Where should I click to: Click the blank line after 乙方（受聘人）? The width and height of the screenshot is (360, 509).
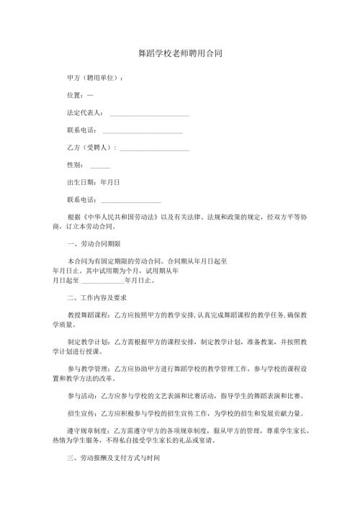point(155,149)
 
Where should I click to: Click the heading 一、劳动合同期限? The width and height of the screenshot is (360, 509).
point(93,243)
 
